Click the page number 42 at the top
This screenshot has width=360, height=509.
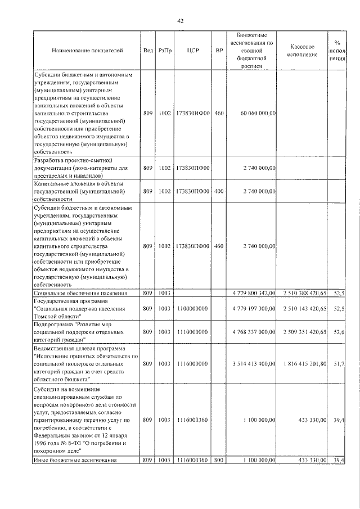(181, 21)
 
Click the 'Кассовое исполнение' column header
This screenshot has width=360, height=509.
(305, 50)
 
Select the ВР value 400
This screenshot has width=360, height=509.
(219, 191)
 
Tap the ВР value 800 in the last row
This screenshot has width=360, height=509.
(219, 461)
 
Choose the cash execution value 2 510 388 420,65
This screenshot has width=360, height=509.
(305, 293)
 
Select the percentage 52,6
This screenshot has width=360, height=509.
(339, 332)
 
